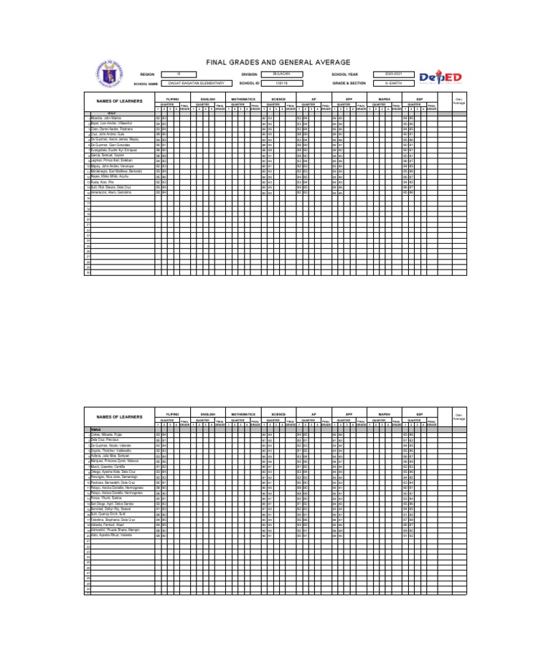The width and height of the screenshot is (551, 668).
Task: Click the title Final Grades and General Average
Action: [278, 63]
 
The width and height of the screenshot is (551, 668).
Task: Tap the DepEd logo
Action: [440, 77]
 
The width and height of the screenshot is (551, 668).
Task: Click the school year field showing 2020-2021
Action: [395, 74]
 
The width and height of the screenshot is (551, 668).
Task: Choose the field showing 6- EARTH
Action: [395, 83]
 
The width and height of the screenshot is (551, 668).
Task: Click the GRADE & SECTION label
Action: [348, 83]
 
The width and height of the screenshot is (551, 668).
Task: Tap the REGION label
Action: [147, 74]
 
